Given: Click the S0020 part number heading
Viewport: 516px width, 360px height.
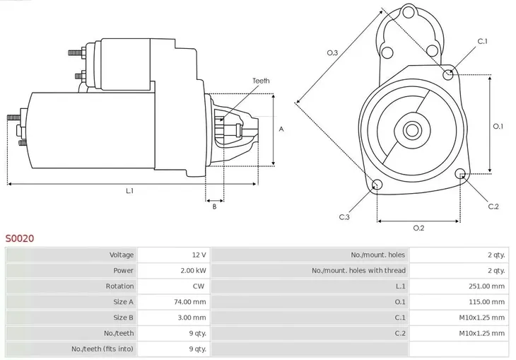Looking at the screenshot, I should tap(19, 239).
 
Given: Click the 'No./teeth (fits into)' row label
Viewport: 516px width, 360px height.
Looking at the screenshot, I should tap(102, 349).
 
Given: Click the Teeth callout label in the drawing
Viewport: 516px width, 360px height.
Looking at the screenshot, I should tap(261, 81).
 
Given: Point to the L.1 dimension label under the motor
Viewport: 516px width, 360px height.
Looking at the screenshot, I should tap(130, 191).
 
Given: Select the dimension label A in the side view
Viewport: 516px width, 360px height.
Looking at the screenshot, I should tap(281, 129).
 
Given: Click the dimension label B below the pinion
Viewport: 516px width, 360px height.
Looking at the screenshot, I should tap(214, 207).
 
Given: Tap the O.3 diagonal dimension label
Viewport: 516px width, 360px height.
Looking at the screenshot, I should tap(332, 52).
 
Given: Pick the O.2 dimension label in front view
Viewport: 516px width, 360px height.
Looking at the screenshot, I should tap(418, 228).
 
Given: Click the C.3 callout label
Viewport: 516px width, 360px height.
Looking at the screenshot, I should tap(344, 216).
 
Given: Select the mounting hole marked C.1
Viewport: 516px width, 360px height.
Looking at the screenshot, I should tap(448, 74).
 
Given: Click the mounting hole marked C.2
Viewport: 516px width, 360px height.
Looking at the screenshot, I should tap(462, 174).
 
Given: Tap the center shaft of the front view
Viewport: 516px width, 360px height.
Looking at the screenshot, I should tap(412, 131).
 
